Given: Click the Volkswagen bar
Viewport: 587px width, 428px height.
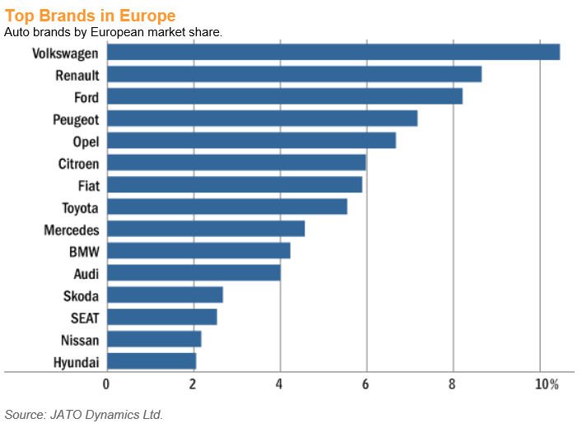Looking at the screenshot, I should pyautogui.click(x=333, y=52).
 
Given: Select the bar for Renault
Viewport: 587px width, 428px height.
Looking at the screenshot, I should pyautogui.click(x=294, y=74).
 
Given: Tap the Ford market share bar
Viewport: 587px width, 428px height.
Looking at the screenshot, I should pyautogui.click(x=284, y=96).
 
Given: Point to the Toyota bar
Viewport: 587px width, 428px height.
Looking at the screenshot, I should pyautogui.click(x=226, y=207).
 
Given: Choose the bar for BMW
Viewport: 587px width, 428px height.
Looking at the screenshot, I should pyautogui.click(x=198, y=250).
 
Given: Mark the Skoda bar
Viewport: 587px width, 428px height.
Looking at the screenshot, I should pyautogui.click(x=165, y=295).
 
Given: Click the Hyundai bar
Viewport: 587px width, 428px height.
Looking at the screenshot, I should pyautogui.click(x=151, y=361).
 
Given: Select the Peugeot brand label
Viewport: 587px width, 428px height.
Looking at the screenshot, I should pyautogui.click(x=76, y=119).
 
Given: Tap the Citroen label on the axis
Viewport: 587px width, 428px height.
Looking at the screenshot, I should pyautogui.click(x=79, y=163).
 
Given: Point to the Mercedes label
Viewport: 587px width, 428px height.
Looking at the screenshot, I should pyautogui.click(x=72, y=230).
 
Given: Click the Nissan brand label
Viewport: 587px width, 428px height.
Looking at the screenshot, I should pyautogui.click(x=80, y=339).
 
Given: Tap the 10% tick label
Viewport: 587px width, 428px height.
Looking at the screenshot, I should pyautogui.click(x=546, y=384).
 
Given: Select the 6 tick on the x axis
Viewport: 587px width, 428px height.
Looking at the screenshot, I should pyautogui.click(x=366, y=384).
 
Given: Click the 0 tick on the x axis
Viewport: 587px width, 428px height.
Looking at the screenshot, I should pyautogui.click(x=106, y=384).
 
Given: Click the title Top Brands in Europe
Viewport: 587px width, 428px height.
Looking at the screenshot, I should pyautogui.click(x=89, y=16).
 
